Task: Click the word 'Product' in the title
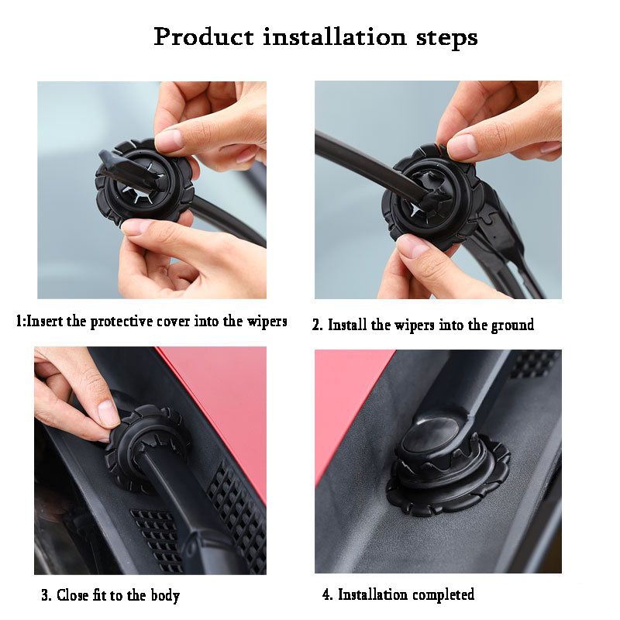(203, 36)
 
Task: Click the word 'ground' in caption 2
(512, 325)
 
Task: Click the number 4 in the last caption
(326, 595)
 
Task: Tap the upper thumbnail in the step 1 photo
(170, 139)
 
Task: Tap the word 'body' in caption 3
(164, 595)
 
